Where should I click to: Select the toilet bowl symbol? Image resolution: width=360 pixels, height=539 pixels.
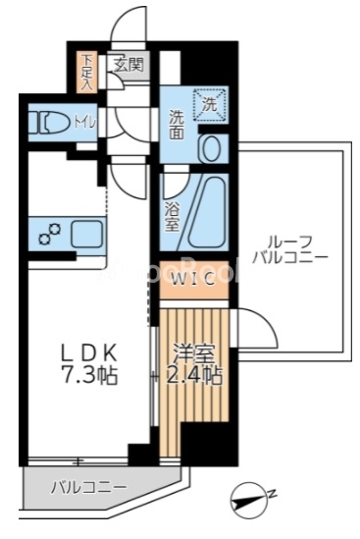pos(45,124)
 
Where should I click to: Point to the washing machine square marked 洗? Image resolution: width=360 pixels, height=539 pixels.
pos(211,102)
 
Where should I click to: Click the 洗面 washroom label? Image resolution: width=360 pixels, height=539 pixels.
pos(177,123)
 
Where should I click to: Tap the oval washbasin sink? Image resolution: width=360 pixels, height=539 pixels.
pos(211,146)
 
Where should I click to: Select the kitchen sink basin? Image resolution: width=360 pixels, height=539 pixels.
pos(85,235)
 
